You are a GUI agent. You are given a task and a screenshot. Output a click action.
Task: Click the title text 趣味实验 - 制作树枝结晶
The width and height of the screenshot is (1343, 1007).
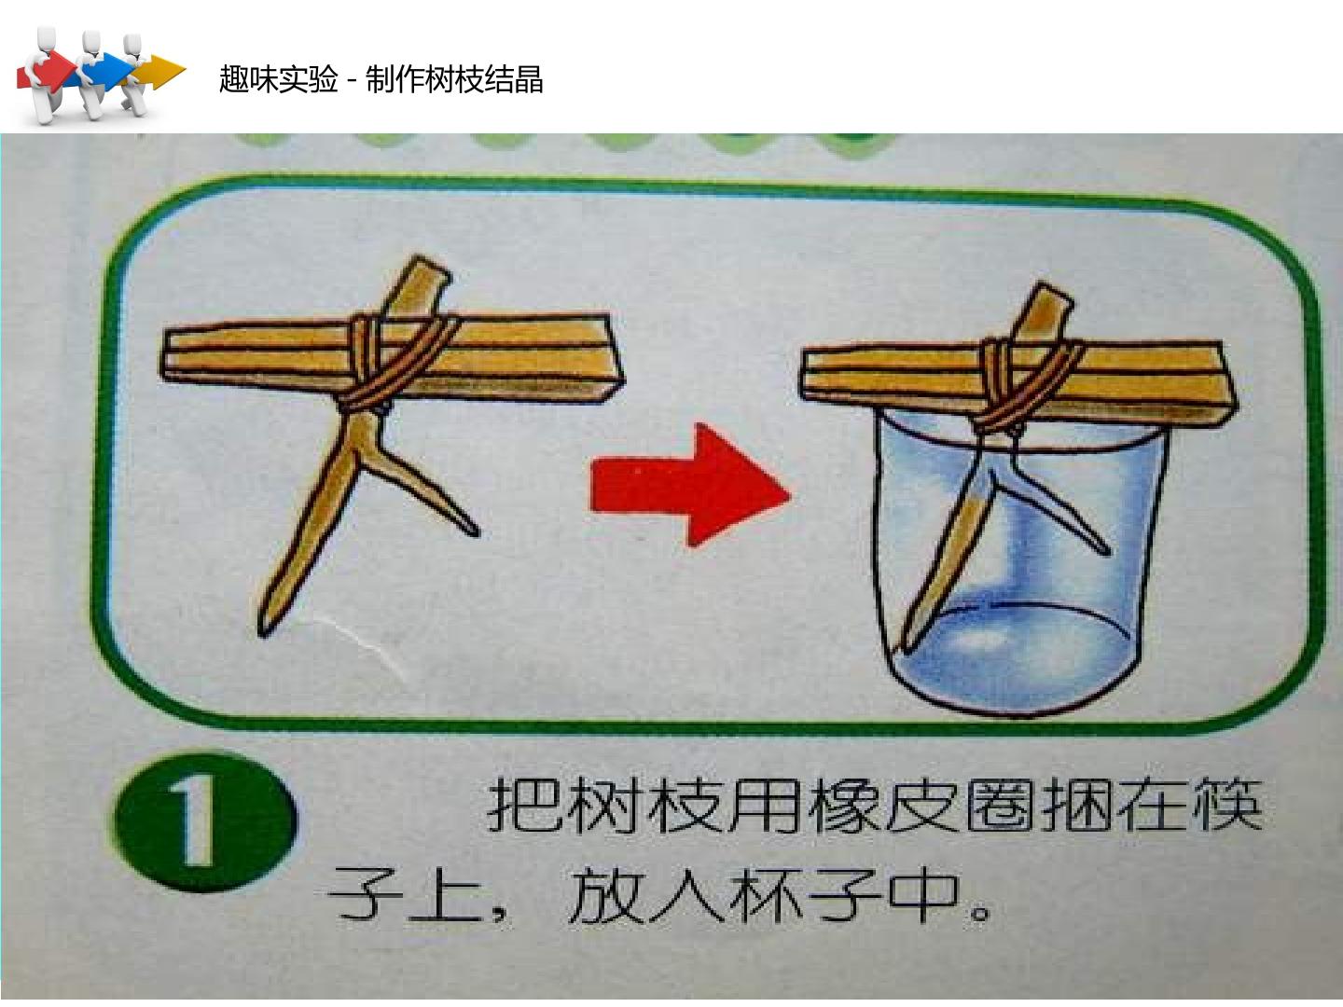click(381, 79)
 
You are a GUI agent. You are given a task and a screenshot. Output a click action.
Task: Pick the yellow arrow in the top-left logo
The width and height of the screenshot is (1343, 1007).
click(160, 72)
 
